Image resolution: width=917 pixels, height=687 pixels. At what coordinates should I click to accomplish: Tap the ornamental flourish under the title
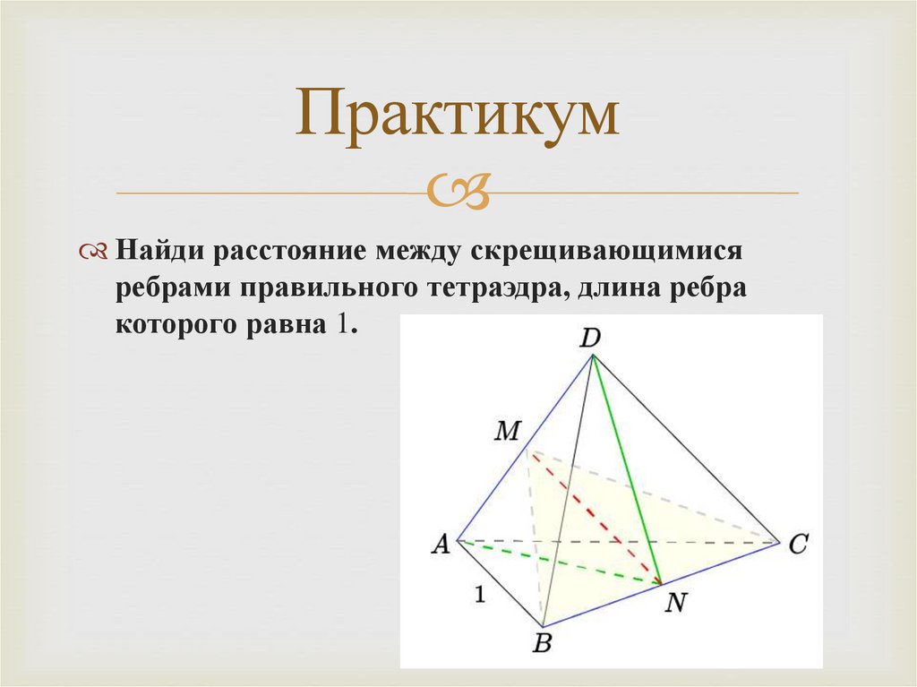pyautogui.click(x=458, y=191)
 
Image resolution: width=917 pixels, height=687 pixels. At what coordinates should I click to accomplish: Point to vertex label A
pyautogui.click(x=440, y=543)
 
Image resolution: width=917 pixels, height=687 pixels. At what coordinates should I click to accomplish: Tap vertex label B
pyautogui.click(x=541, y=641)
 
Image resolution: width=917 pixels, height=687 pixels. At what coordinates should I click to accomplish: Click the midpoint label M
pyautogui.click(x=507, y=432)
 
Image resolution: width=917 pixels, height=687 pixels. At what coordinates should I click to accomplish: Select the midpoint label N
pyautogui.click(x=673, y=603)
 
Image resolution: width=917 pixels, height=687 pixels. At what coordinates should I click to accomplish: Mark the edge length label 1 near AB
pyautogui.click(x=481, y=595)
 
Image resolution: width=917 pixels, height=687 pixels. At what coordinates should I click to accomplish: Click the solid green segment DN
pyautogui.click(x=627, y=470)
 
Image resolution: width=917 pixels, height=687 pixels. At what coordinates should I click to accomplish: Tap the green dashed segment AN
pyautogui.click(x=555, y=562)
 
